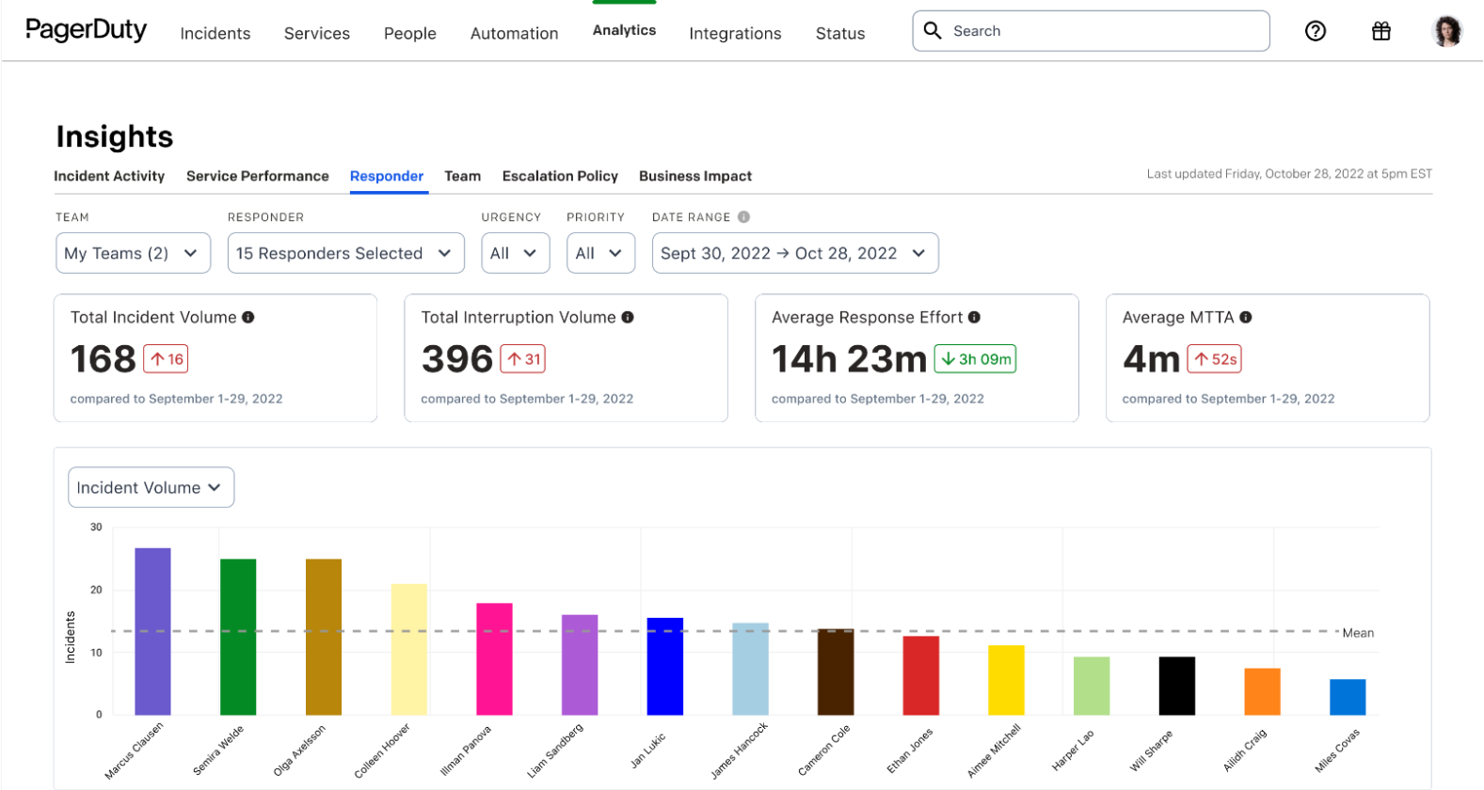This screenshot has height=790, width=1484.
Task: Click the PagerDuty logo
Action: point(86,30)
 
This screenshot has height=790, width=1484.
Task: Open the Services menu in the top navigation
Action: point(316,34)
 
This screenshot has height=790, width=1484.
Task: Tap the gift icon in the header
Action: point(1380,31)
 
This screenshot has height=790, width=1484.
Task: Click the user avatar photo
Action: point(1446,31)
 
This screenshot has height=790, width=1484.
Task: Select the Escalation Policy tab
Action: point(560,176)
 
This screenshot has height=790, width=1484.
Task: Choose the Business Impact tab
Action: point(694,176)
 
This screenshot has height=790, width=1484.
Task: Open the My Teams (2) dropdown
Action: point(133,253)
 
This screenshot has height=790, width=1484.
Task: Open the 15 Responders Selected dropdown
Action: point(345,253)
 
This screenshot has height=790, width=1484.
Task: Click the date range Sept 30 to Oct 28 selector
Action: point(794,253)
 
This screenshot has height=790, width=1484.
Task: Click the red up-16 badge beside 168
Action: point(167,359)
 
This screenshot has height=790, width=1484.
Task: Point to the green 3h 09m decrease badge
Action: point(975,359)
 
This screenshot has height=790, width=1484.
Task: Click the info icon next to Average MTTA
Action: point(1246,318)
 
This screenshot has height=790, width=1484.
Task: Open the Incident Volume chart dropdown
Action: point(151,487)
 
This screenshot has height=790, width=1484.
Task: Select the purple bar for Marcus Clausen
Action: point(152,631)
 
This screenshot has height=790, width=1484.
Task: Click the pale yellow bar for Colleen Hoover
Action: point(408,649)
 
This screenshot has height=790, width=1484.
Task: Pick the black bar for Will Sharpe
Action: point(1176,686)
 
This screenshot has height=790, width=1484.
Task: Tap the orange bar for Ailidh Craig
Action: point(1262,691)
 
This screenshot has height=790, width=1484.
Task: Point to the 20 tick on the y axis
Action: point(96,590)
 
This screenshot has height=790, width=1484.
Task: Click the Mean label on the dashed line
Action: point(1358,633)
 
